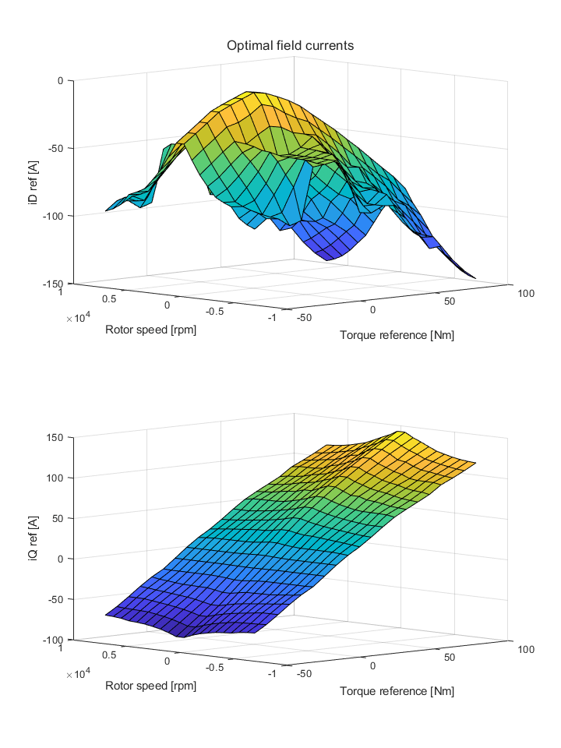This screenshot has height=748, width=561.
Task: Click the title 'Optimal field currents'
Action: [290, 46]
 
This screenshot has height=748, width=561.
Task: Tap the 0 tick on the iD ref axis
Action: [64, 80]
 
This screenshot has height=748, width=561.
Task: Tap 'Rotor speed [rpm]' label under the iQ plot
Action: [150, 686]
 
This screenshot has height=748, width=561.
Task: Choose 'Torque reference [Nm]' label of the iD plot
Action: [397, 335]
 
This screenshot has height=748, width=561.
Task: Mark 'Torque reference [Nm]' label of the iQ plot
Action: [397, 691]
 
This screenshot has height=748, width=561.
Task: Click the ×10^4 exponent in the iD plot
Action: [78, 318]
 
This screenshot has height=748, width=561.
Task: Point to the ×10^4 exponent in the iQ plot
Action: [78, 674]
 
